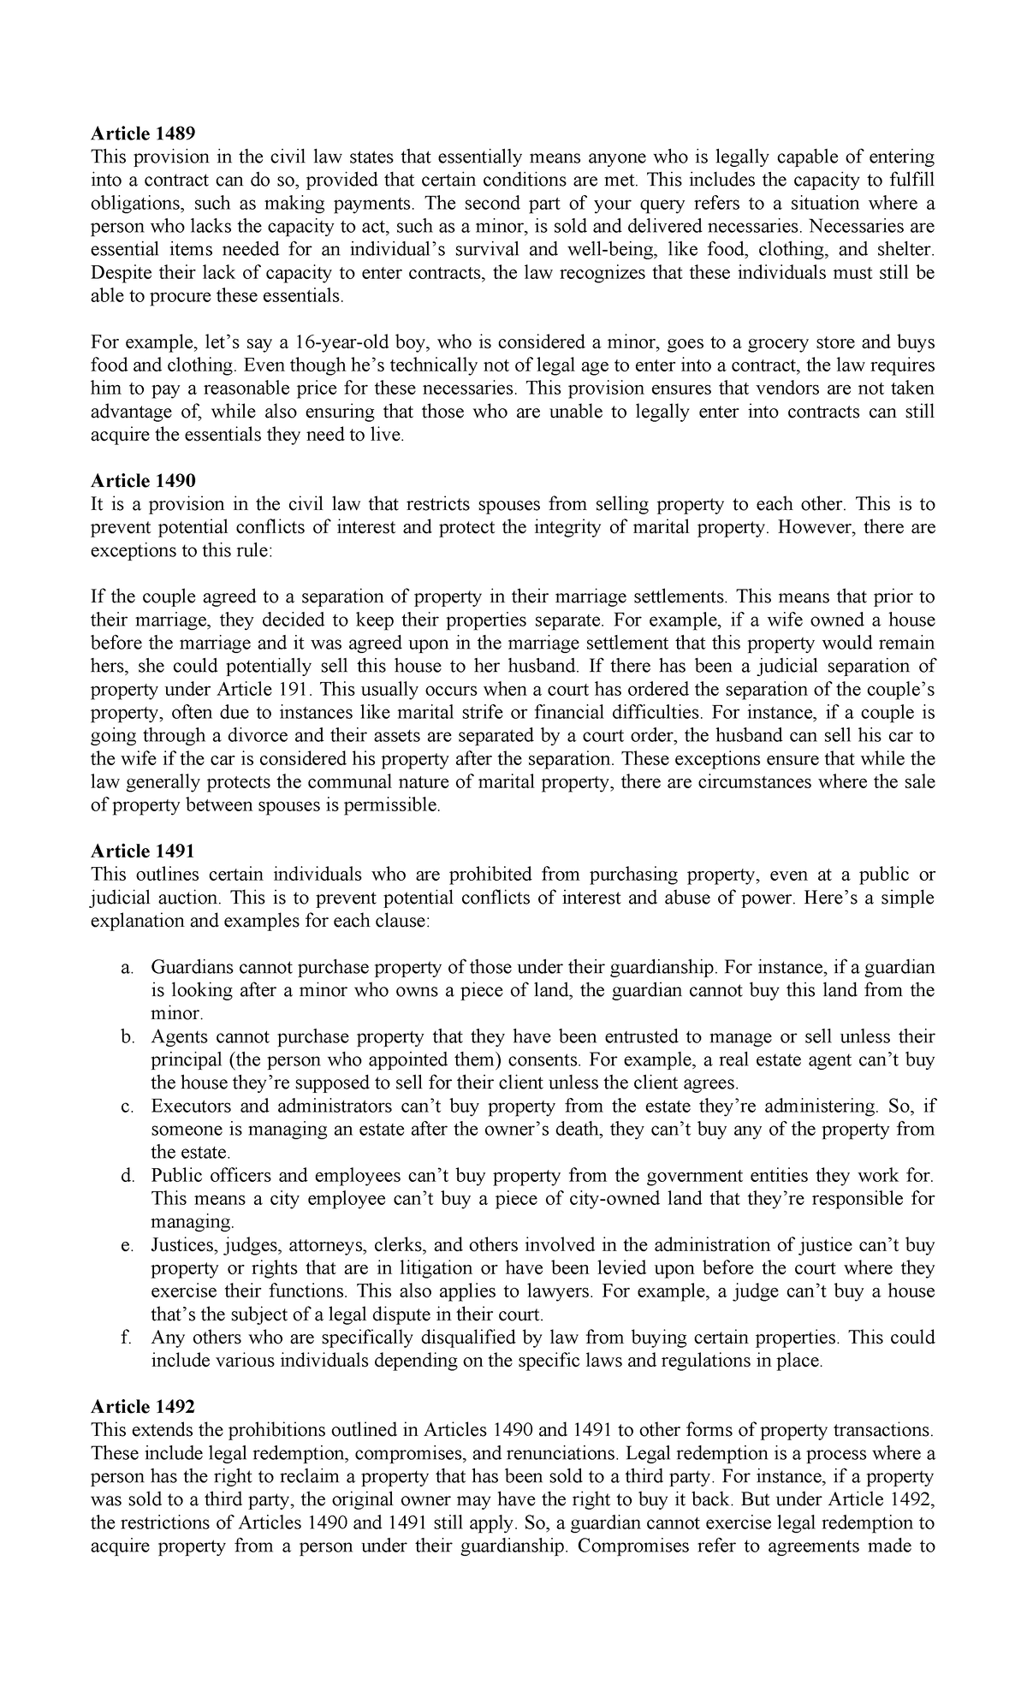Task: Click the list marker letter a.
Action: tap(127, 968)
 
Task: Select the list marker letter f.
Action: tap(127, 1338)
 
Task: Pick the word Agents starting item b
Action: tap(176, 1037)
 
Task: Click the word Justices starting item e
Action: tap(183, 1245)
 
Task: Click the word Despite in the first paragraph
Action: tap(119, 273)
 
